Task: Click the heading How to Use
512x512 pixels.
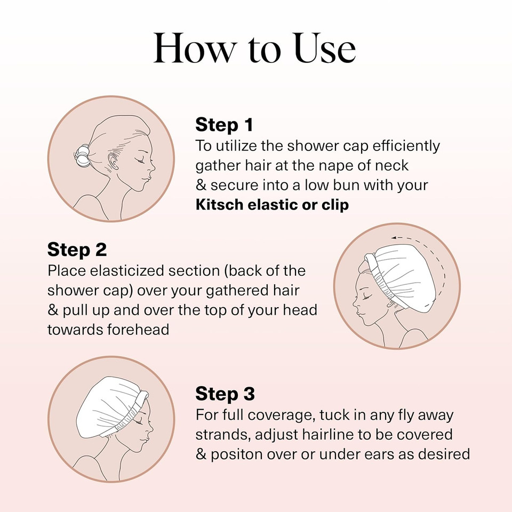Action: tap(254, 49)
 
